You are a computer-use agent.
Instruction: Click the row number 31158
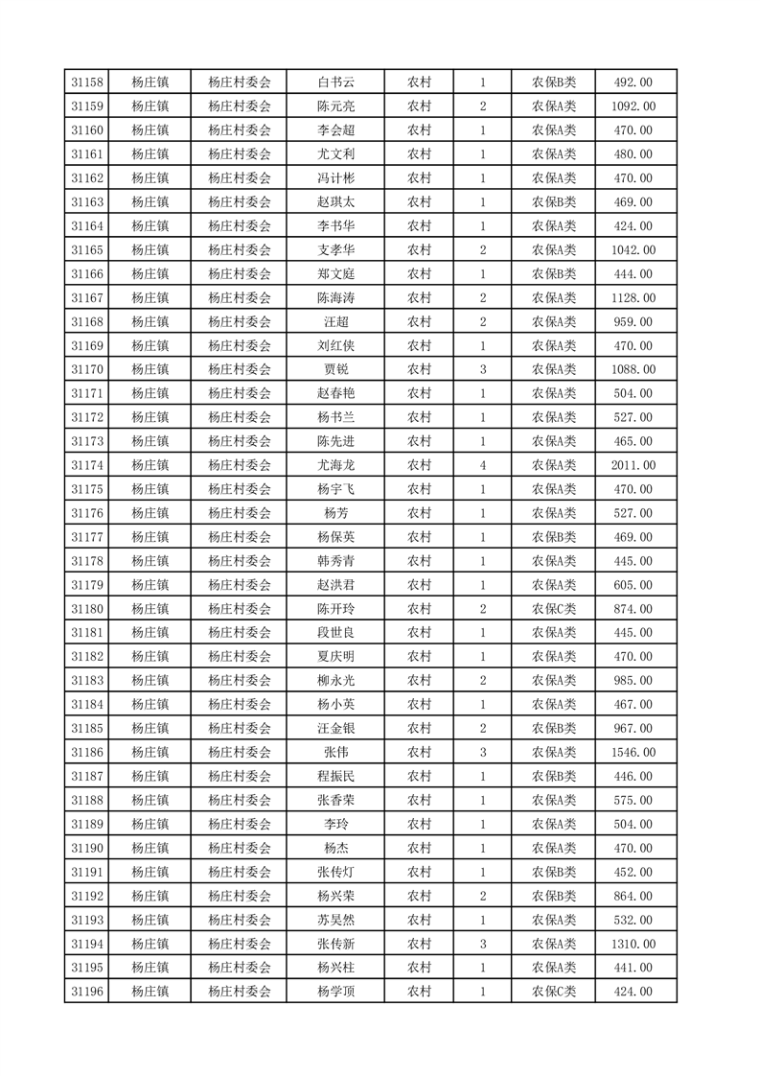[87, 82]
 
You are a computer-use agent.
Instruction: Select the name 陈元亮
[335, 106]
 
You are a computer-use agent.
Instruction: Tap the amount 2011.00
[633, 465]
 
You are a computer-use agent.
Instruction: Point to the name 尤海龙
[335, 465]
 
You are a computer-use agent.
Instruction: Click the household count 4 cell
[482, 465]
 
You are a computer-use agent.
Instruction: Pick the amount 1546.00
[633, 753]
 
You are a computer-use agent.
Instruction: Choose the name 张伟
[335, 753]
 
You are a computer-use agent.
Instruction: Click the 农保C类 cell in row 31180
[554, 609]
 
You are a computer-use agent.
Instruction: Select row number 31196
[87, 992]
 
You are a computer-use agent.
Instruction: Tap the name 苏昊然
[335, 921]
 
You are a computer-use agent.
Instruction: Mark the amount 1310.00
[633, 945]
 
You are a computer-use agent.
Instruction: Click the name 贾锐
[335, 369]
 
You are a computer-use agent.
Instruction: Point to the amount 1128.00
[633, 298]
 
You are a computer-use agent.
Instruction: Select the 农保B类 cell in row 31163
[554, 202]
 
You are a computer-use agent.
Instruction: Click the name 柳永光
[335, 681]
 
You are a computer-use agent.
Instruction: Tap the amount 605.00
[633, 585]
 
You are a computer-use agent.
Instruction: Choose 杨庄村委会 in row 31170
[240, 369]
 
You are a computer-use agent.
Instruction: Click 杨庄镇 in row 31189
[150, 825]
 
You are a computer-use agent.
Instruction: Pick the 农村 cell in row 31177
[419, 537]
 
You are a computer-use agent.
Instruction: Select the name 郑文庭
[335, 274]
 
